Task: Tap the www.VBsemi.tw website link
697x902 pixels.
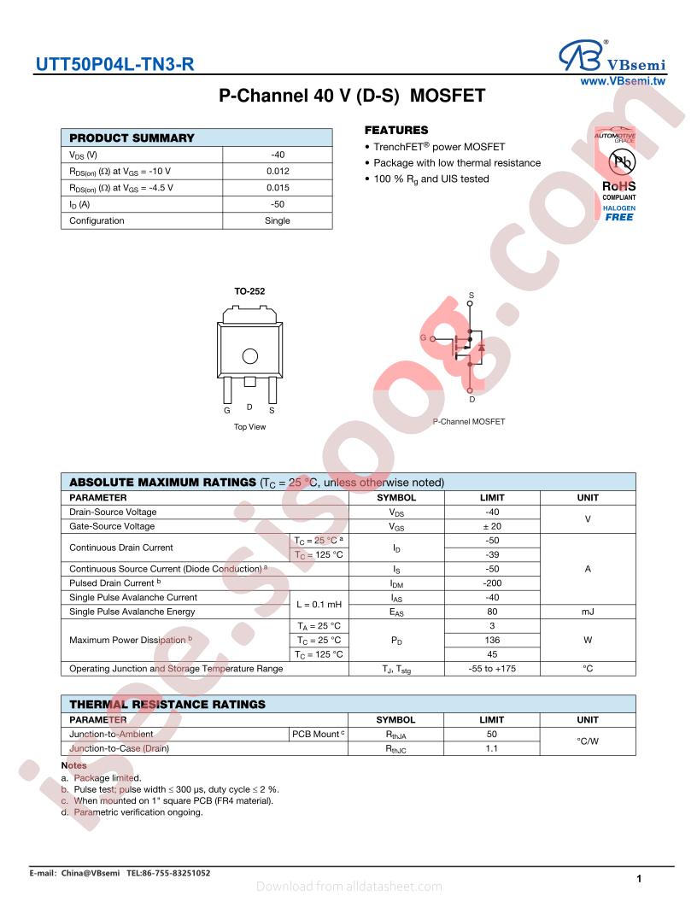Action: click(623, 81)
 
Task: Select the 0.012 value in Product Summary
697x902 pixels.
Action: click(278, 171)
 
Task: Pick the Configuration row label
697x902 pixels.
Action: click(97, 220)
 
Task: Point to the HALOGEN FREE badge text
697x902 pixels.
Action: click(619, 213)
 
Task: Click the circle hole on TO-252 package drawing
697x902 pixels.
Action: click(249, 356)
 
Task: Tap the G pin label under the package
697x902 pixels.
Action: click(227, 410)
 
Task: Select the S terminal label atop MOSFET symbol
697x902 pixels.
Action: click(471, 296)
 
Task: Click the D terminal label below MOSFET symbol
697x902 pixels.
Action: click(471, 399)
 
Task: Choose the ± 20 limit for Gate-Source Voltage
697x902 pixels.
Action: click(492, 526)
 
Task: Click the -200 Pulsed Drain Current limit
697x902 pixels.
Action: click(492, 583)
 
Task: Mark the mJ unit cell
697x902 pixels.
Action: click(588, 612)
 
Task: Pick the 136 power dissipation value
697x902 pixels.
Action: click(492, 640)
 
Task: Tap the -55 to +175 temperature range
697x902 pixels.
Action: click(492, 668)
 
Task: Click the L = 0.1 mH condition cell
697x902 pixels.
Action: click(318, 604)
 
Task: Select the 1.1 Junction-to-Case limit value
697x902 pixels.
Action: click(492, 748)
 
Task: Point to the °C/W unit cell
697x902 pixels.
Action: click(588, 741)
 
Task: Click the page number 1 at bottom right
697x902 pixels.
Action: click(639, 878)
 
